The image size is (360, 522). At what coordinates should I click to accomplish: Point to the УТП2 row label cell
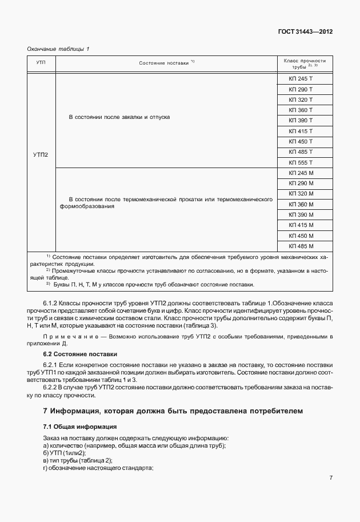(x=41, y=154)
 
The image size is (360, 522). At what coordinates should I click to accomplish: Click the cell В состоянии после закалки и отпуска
(x=119, y=117)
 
